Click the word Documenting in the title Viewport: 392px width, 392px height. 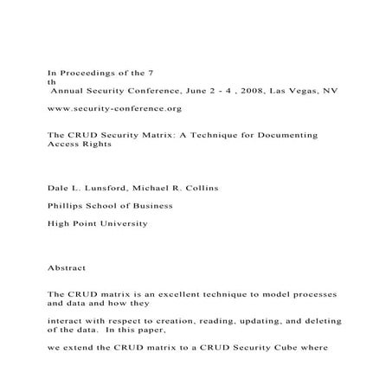tap(292, 136)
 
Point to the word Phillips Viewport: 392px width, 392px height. tap(67, 206)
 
